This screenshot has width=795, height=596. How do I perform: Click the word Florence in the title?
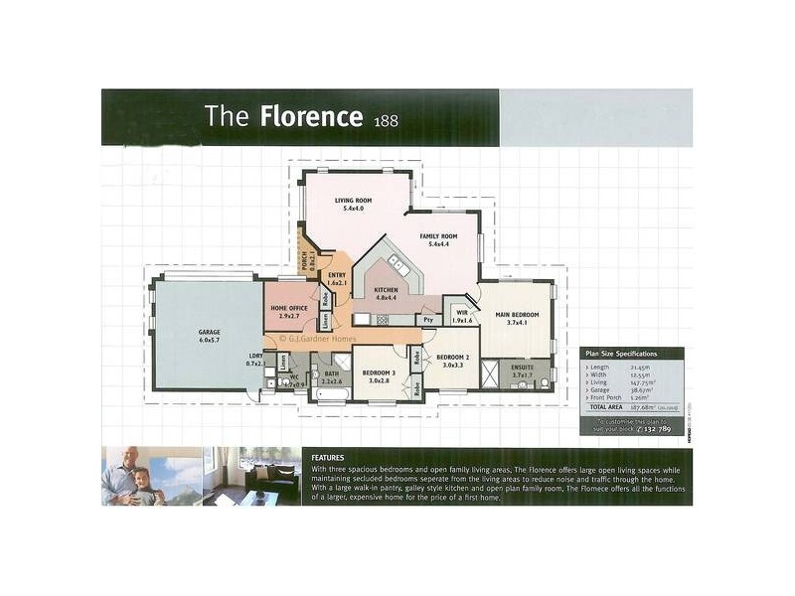tap(310, 117)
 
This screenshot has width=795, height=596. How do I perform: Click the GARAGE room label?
tap(209, 333)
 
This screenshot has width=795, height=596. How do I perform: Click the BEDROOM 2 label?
tap(452, 358)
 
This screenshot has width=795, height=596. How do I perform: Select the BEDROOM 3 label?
tap(379, 372)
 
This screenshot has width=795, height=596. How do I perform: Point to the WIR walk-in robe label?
tap(460, 312)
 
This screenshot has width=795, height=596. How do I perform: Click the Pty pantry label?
tap(427, 320)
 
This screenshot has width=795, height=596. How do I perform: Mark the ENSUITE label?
tap(522, 367)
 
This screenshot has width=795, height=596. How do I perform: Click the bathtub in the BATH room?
tap(330, 395)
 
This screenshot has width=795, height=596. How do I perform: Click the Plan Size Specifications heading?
tap(622, 354)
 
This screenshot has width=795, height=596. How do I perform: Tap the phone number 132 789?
tap(657, 428)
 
